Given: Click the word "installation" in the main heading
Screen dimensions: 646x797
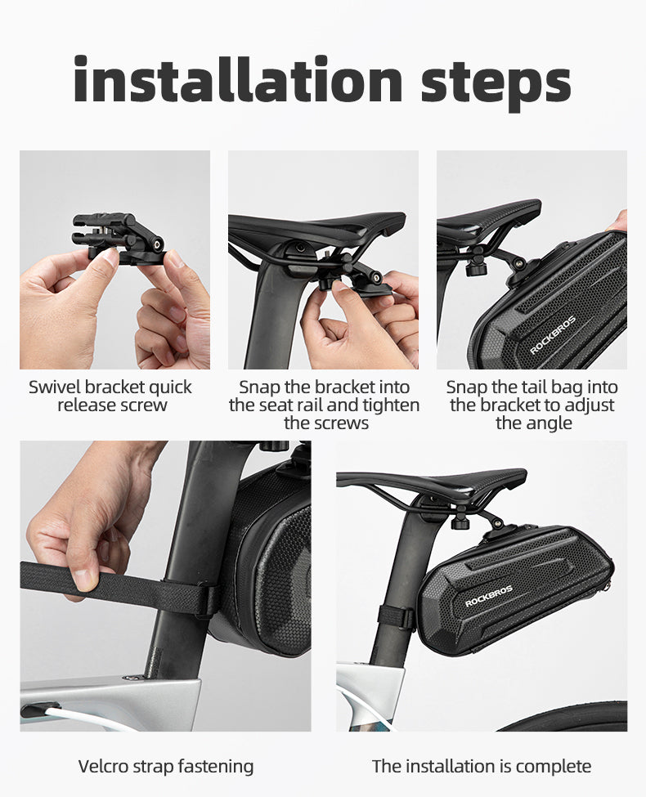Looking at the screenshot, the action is (238, 79).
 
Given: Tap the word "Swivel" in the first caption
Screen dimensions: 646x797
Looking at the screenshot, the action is (54, 387).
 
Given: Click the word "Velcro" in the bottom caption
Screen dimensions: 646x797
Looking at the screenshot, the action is (103, 766).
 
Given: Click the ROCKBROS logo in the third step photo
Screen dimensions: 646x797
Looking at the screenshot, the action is (553, 335).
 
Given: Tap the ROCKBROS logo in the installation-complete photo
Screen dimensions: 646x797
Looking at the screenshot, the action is (489, 596).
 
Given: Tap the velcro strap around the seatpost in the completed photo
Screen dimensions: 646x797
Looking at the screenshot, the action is (396, 616).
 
